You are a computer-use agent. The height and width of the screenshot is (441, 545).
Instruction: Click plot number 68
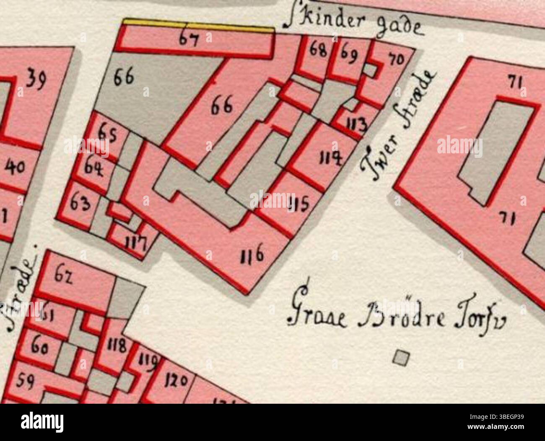pos(318,51)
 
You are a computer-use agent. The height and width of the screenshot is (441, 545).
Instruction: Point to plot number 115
pos(299,204)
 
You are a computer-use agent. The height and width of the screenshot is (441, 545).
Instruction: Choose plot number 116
pos(252,255)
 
